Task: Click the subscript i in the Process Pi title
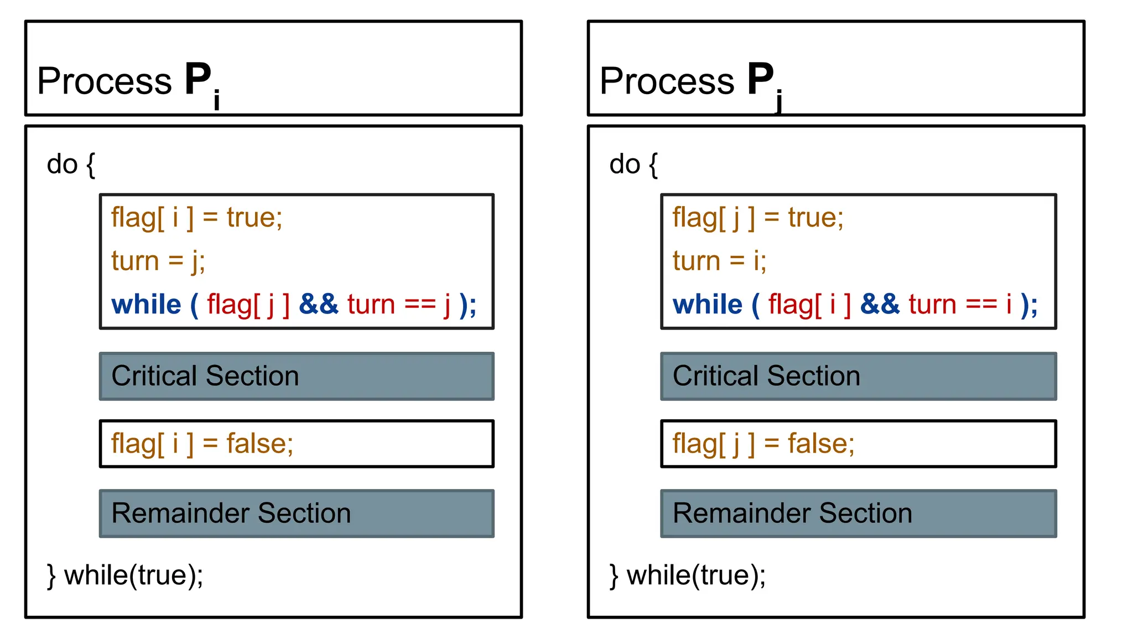tap(217, 100)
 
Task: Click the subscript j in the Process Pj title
tap(779, 101)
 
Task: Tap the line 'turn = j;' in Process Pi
tap(158, 261)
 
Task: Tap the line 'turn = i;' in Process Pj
tap(719, 261)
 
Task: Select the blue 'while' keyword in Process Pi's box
tap(146, 305)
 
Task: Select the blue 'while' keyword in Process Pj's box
tap(707, 305)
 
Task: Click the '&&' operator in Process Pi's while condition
tap(318, 305)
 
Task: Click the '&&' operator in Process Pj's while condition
tap(880, 305)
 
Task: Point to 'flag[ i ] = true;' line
tap(196, 217)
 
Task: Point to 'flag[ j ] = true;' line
tap(758, 217)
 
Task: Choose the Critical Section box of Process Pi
tap(297, 376)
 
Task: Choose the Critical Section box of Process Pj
tap(858, 376)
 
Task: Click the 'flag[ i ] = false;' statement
tap(202, 444)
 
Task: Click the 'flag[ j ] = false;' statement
tap(763, 444)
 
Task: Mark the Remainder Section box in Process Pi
tap(297, 513)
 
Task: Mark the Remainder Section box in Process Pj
tap(858, 513)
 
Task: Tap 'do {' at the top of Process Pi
tap(71, 164)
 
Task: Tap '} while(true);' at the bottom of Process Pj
tap(688, 575)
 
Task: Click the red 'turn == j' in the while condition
tap(398, 305)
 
